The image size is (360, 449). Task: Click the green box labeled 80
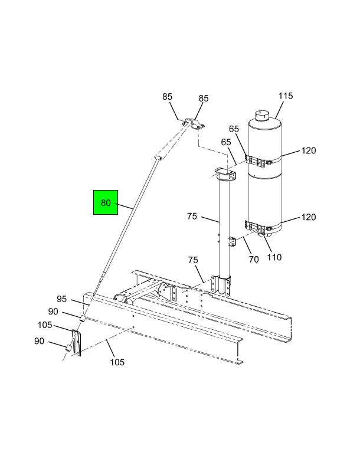106,202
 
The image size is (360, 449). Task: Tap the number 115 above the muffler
286,96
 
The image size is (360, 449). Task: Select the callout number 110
274,257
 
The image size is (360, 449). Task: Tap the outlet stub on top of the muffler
262,114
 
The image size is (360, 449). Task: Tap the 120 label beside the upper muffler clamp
309,151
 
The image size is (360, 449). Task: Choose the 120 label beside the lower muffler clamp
309,217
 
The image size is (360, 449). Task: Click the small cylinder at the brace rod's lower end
83,319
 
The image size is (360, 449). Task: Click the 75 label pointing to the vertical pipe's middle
192,217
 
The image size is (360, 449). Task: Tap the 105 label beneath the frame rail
117,362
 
